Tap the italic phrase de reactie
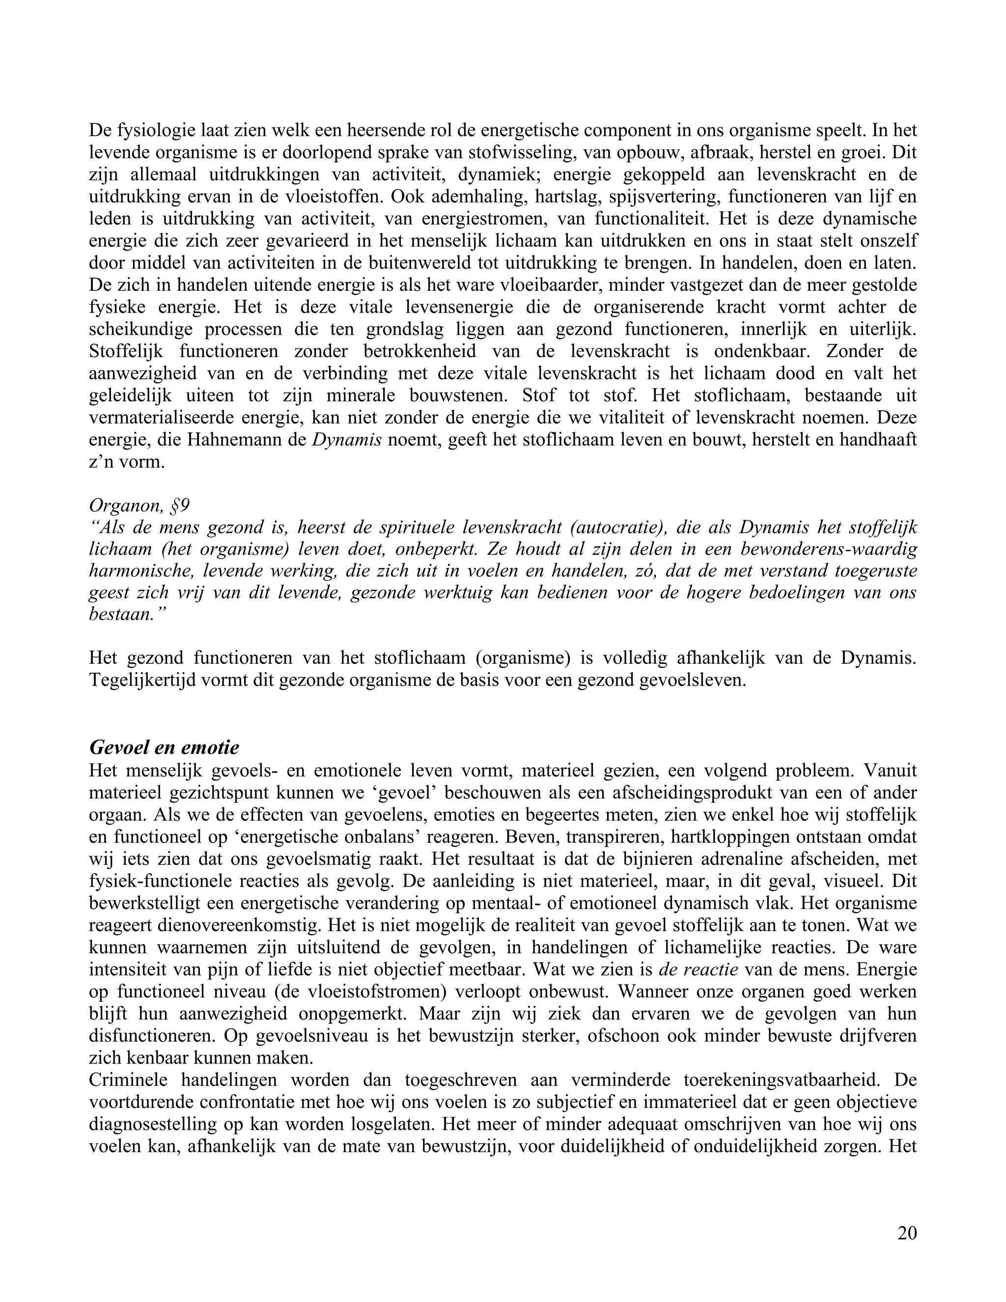pyautogui.click(x=699, y=969)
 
